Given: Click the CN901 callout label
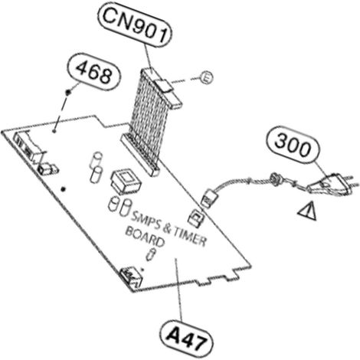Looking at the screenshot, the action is pos(134,27).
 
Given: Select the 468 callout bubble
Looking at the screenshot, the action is pos(93,71).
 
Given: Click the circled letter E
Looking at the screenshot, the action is pos(205,77).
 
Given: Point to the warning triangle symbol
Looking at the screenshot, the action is pos(309,211).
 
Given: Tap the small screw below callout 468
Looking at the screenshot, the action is pos(68,92).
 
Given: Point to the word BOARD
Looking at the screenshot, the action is pos(145,237).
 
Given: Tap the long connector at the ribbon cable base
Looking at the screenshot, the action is pos(140,155).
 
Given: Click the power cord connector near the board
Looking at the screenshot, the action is pos(210,198).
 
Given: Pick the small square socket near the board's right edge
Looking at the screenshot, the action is pos(196,218).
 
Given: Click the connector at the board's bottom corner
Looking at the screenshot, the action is pos(131,277).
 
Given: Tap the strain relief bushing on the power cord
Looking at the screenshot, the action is pos(276,178).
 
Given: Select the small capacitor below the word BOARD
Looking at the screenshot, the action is pos(150,254).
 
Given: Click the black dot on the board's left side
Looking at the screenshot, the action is pos(64,189).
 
